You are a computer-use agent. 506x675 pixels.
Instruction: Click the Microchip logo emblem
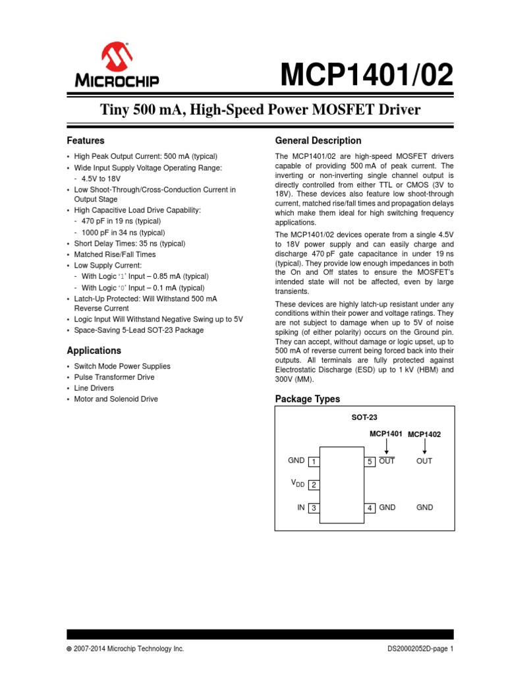click(117, 58)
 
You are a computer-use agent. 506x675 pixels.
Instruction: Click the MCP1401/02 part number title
click(367, 76)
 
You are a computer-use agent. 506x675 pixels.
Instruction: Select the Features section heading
click(86, 140)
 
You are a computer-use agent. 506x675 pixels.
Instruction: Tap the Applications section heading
click(94, 351)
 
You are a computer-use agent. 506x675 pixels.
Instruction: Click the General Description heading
click(318, 140)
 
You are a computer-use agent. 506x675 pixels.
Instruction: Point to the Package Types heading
click(307, 399)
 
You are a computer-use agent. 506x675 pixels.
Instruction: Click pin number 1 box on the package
click(314, 461)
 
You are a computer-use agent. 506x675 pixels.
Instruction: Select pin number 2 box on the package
click(314, 485)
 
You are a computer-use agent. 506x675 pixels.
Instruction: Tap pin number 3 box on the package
click(314, 508)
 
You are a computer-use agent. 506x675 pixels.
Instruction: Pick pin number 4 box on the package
click(370, 508)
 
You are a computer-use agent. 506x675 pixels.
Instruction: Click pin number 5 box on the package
click(370, 461)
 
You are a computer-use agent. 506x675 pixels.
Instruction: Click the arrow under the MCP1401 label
click(386, 447)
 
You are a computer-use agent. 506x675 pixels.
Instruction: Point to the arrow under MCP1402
click(424, 447)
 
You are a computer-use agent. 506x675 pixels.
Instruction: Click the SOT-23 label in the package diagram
click(364, 417)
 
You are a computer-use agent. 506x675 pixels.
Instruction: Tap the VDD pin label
click(298, 484)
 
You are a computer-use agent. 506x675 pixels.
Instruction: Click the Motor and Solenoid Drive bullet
click(116, 399)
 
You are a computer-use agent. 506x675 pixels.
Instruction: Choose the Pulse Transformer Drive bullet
click(114, 377)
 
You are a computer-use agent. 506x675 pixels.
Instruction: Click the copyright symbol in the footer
click(69, 649)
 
